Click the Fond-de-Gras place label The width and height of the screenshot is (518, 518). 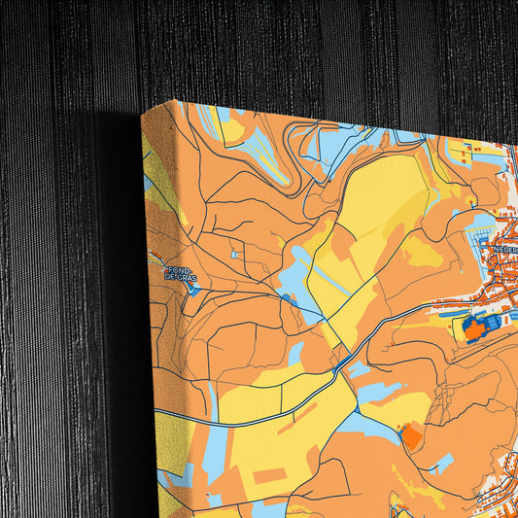(181, 273)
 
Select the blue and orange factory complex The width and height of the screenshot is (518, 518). (479, 327)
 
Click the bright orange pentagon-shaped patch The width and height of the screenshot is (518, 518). (413, 436)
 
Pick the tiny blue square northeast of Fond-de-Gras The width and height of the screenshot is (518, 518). (232, 255)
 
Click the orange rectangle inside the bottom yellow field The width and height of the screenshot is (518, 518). (271, 474)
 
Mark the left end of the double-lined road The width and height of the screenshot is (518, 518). (156, 414)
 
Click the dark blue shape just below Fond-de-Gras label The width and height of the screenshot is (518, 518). (192, 287)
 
